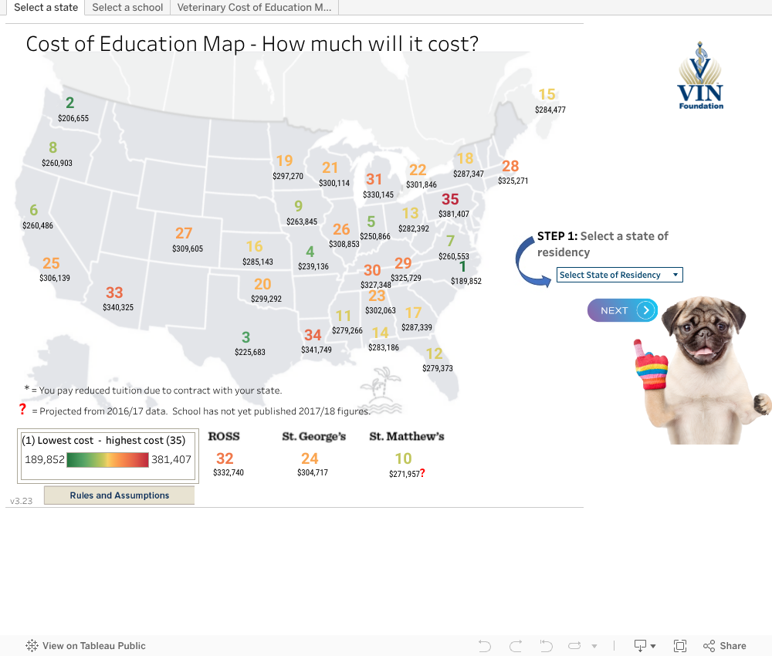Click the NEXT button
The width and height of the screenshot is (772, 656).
tap(623, 310)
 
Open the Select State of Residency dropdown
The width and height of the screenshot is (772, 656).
tap(619, 275)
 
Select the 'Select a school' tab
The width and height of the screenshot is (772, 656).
tap(127, 7)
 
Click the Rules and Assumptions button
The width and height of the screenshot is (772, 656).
tap(119, 495)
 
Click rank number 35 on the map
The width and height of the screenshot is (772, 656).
tap(450, 200)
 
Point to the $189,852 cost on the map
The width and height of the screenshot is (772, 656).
tap(466, 282)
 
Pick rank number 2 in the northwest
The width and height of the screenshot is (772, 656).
tap(70, 103)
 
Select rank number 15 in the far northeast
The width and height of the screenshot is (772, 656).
tap(547, 95)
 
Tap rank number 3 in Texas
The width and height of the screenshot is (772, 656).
tap(245, 337)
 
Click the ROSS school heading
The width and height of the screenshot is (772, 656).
tap(224, 436)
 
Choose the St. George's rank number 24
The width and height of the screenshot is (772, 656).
tap(310, 458)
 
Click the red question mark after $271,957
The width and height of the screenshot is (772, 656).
tap(422, 473)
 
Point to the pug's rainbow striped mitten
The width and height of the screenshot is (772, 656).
tap(651, 367)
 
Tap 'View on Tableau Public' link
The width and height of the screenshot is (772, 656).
tap(93, 646)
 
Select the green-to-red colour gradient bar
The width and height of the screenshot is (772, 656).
tap(107, 460)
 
